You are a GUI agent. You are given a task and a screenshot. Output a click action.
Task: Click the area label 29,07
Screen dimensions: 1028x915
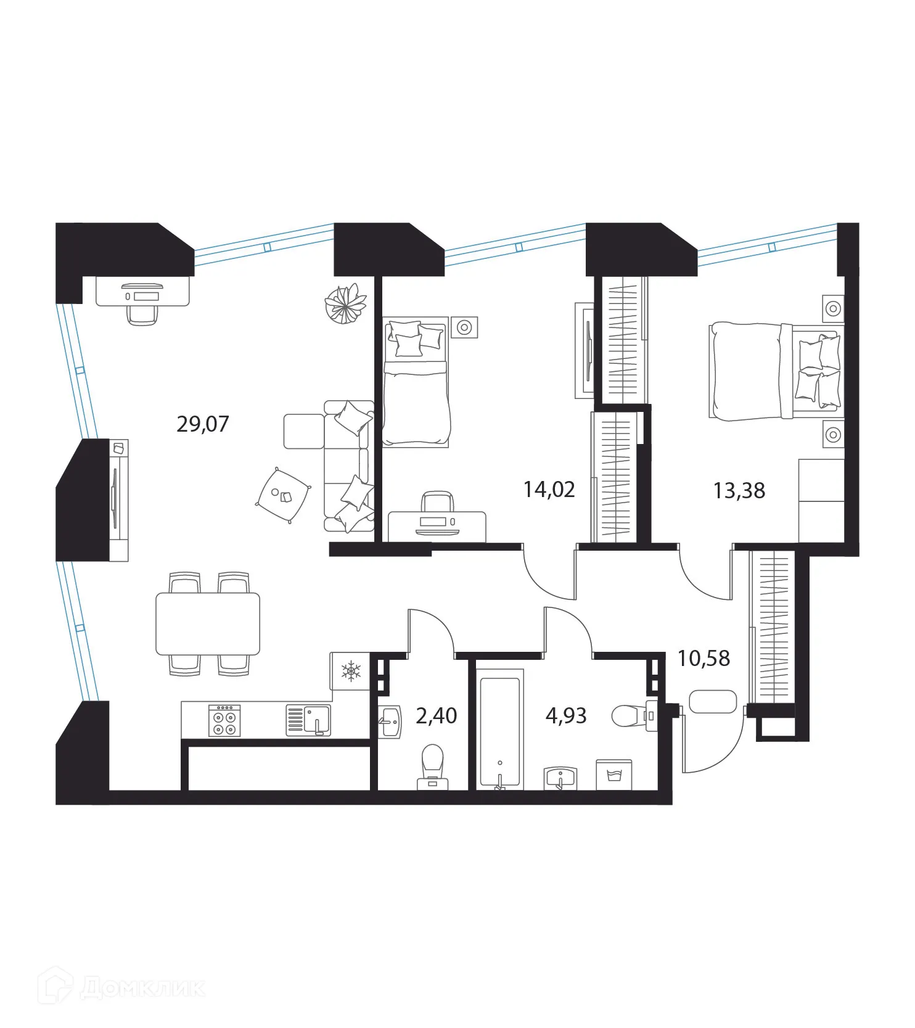[202, 424]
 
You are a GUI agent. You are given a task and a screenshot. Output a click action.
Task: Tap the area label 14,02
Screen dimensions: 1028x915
[549, 490]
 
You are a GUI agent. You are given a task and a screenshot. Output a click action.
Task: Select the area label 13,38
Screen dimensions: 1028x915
[739, 491]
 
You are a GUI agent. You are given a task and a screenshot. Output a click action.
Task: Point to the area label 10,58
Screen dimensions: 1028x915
[704, 659]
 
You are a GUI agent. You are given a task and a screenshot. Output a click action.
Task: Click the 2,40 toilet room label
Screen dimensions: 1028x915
[437, 716]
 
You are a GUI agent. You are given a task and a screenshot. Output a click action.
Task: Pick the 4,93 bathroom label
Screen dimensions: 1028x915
[566, 716]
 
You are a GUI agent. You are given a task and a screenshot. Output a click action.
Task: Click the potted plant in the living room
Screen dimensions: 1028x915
[345, 303]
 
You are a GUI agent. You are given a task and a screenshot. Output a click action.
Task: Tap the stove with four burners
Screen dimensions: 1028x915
[224, 720]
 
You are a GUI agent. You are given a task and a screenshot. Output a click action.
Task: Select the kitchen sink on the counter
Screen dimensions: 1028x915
[308, 720]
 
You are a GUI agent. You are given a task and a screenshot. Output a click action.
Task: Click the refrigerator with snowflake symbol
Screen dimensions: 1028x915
[350, 670]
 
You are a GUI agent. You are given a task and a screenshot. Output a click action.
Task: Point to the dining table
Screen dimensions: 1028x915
[208, 623]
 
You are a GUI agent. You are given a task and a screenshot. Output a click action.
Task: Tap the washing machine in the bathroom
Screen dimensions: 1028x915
[613, 775]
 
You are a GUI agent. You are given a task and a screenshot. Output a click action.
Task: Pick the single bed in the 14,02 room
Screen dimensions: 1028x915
[416, 382]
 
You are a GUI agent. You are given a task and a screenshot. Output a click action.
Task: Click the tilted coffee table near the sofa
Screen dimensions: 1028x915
[283, 495]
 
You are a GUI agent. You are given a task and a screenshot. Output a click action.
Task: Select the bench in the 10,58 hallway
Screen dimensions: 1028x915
[713, 701]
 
